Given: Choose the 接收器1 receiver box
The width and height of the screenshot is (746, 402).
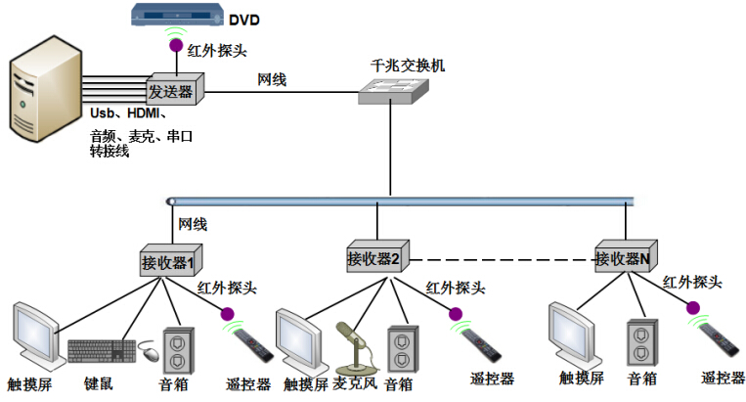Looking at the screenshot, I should [x=168, y=261].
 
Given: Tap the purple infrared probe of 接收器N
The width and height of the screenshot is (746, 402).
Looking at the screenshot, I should [x=693, y=307].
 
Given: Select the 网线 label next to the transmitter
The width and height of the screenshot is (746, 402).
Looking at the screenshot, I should [x=272, y=78].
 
